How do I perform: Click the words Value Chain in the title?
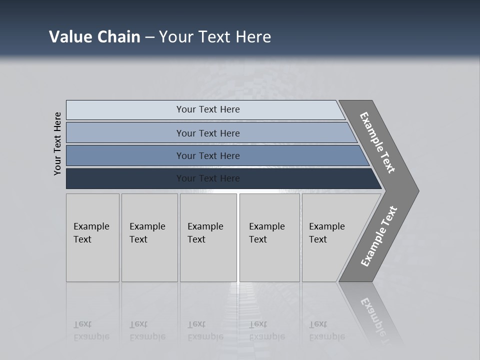[94, 37]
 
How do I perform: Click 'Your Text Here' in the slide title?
[215, 37]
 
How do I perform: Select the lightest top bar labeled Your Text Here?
[208, 109]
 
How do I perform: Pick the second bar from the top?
[208, 133]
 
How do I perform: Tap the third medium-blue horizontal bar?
[208, 155]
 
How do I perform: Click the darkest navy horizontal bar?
[208, 178]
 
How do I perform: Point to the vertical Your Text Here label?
[57, 143]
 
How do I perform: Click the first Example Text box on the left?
[92, 237]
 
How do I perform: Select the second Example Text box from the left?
[149, 237]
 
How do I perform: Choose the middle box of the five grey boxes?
[208, 237]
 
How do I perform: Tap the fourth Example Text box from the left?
[269, 237]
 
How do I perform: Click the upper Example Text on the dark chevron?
[377, 142]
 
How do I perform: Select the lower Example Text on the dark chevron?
[378, 236]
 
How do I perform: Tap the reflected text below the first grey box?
[91, 330]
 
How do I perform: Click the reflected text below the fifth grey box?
[326, 330]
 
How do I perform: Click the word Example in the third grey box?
[205, 226]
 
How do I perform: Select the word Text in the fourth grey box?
[258, 239]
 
